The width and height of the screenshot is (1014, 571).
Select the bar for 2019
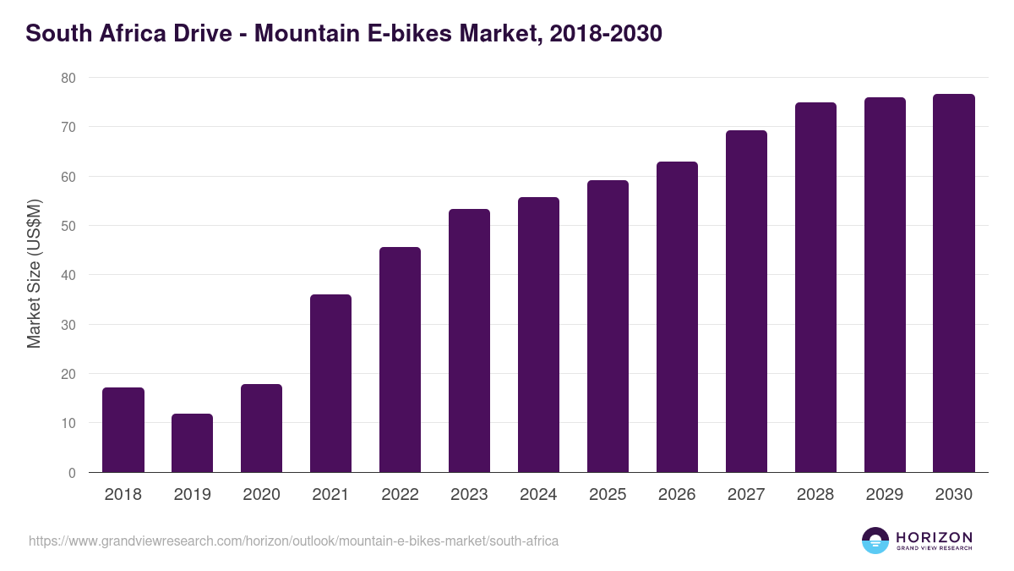pyautogui.click(x=192, y=443)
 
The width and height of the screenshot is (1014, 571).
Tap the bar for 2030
pyautogui.click(x=954, y=283)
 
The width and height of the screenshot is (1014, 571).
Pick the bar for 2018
pyautogui.click(x=123, y=430)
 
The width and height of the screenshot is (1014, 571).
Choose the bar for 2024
pyautogui.click(x=538, y=335)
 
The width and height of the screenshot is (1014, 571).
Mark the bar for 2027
pyautogui.click(x=746, y=301)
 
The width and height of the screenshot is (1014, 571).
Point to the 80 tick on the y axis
pyautogui.click(x=68, y=78)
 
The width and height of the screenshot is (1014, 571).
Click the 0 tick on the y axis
pyautogui.click(x=72, y=473)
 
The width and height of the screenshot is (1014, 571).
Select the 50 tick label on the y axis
pyautogui.click(x=68, y=226)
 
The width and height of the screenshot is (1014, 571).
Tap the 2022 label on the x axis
pyautogui.click(x=400, y=495)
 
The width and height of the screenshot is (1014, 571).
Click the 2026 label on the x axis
pyautogui.click(x=677, y=495)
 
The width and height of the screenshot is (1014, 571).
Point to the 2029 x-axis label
pyautogui.click(x=885, y=495)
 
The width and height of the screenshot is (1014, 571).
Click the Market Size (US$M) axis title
pyautogui.click(x=34, y=275)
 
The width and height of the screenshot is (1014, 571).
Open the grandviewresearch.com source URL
pyautogui.click(x=293, y=541)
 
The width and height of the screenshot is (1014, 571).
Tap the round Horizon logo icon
pyautogui.click(x=875, y=541)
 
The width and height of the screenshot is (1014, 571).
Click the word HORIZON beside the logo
pyautogui.click(x=934, y=537)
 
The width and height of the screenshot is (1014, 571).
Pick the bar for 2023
pyautogui.click(x=469, y=341)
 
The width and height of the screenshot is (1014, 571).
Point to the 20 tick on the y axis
pyautogui.click(x=68, y=374)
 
